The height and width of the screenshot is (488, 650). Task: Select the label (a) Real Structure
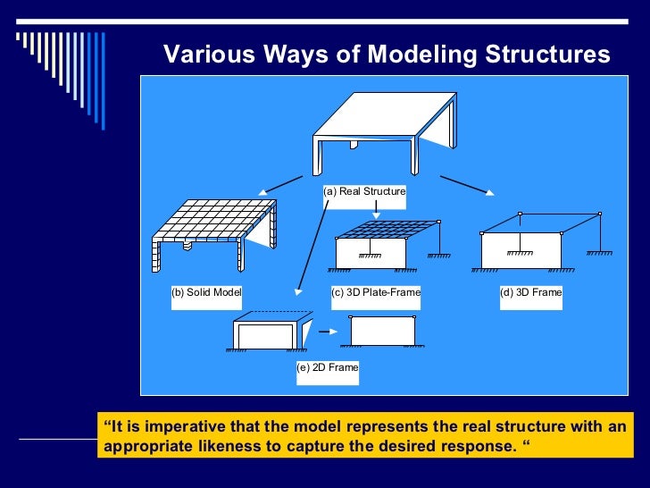[x=364, y=191]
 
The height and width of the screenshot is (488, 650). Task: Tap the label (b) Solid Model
[x=206, y=292]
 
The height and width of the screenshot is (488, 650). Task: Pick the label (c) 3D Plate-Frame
[x=375, y=292]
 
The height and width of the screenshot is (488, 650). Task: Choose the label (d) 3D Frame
[x=531, y=292]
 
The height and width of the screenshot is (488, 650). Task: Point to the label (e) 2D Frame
[x=328, y=367]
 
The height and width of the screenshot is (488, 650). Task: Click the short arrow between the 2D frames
[x=329, y=332]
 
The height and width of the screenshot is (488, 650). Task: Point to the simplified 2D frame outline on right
[x=382, y=331]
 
